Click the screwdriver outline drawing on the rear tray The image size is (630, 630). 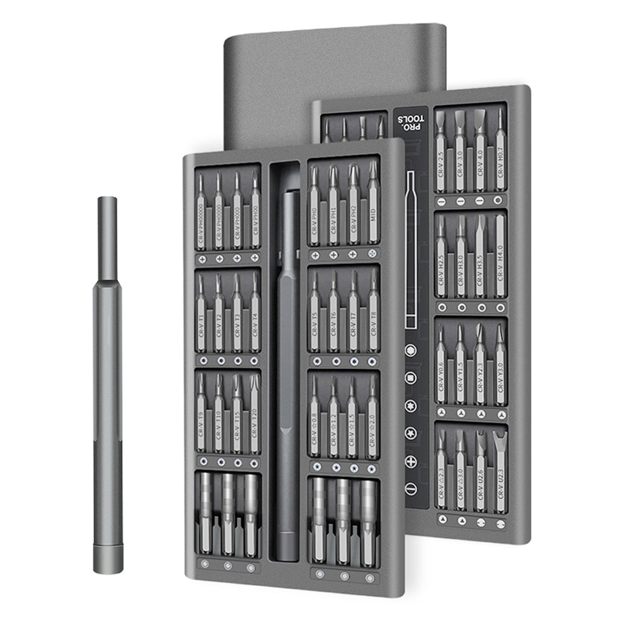pyautogui.click(x=413, y=249)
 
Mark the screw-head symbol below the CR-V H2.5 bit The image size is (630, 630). pyautogui.click(x=442, y=307)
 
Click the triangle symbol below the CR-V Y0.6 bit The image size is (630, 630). pyautogui.click(x=442, y=413)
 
